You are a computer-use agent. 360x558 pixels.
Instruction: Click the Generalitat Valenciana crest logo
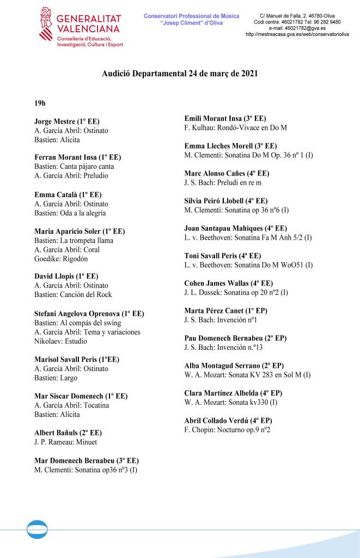(46, 25)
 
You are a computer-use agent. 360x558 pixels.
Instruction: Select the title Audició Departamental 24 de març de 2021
(179, 74)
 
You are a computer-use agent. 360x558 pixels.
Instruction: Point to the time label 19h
(40, 102)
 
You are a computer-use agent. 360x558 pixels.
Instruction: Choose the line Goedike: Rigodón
(61, 259)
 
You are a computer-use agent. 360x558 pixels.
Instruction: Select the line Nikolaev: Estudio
(62, 341)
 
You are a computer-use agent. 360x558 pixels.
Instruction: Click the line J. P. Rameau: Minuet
(65, 442)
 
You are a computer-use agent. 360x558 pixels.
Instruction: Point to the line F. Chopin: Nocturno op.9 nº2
(228, 430)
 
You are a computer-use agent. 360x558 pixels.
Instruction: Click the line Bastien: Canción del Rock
(73, 295)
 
